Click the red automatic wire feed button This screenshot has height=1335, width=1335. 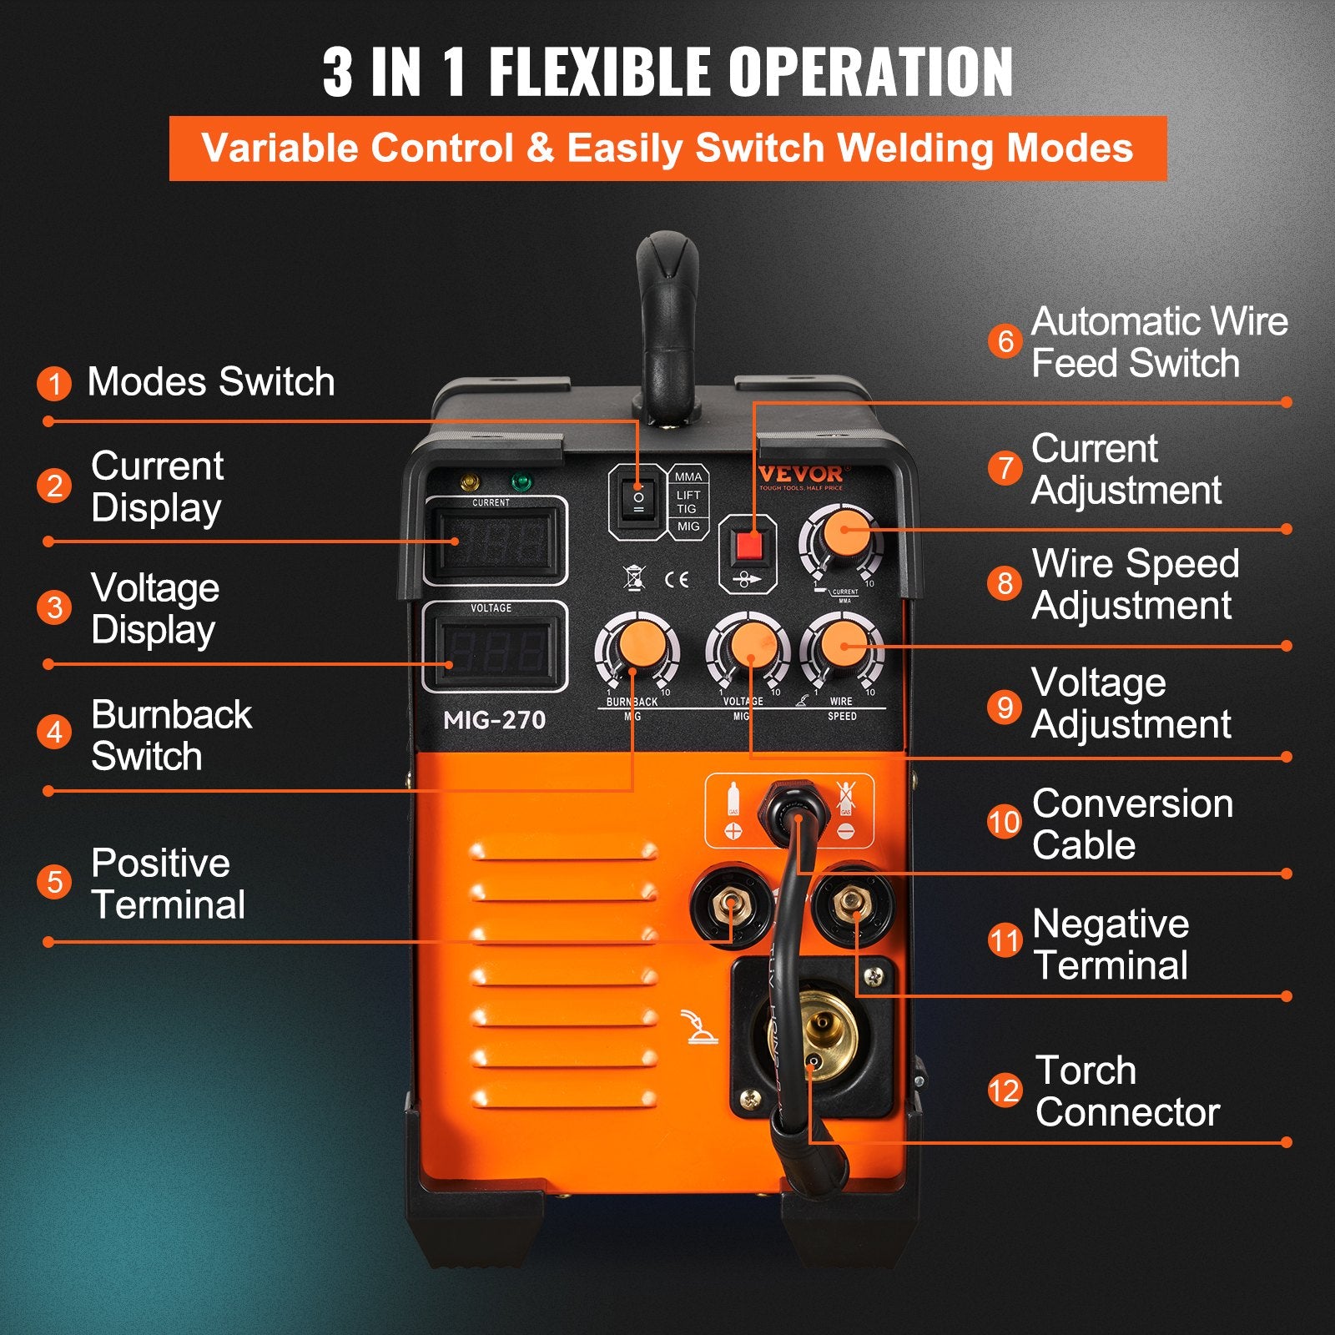coord(748,546)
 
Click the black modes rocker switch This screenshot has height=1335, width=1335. coord(638,501)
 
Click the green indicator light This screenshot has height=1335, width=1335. coord(521,482)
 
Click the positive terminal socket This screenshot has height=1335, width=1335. coord(732,906)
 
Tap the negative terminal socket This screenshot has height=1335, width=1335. coord(852,903)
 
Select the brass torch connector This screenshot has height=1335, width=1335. coord(813,1035)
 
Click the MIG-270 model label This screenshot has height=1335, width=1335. coord(494,720)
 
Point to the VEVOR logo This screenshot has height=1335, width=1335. coord(801,475)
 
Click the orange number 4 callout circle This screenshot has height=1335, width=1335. coord(54,733)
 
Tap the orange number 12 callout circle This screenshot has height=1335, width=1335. coord(1005,1091)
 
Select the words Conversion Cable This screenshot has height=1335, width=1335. coord(1132,824)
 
